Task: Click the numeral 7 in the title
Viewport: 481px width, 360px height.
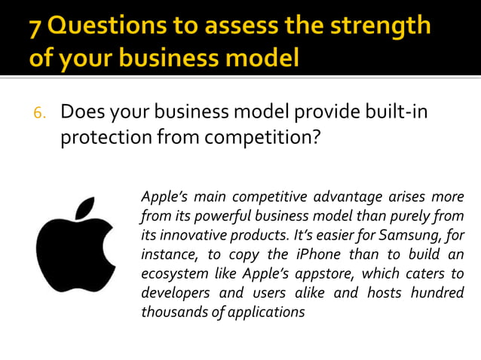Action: point(37,27)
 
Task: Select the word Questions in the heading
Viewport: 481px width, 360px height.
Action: point(104,27)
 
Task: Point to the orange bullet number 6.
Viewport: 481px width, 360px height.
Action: point(39,113)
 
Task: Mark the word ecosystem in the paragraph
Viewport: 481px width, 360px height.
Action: point(173,273)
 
